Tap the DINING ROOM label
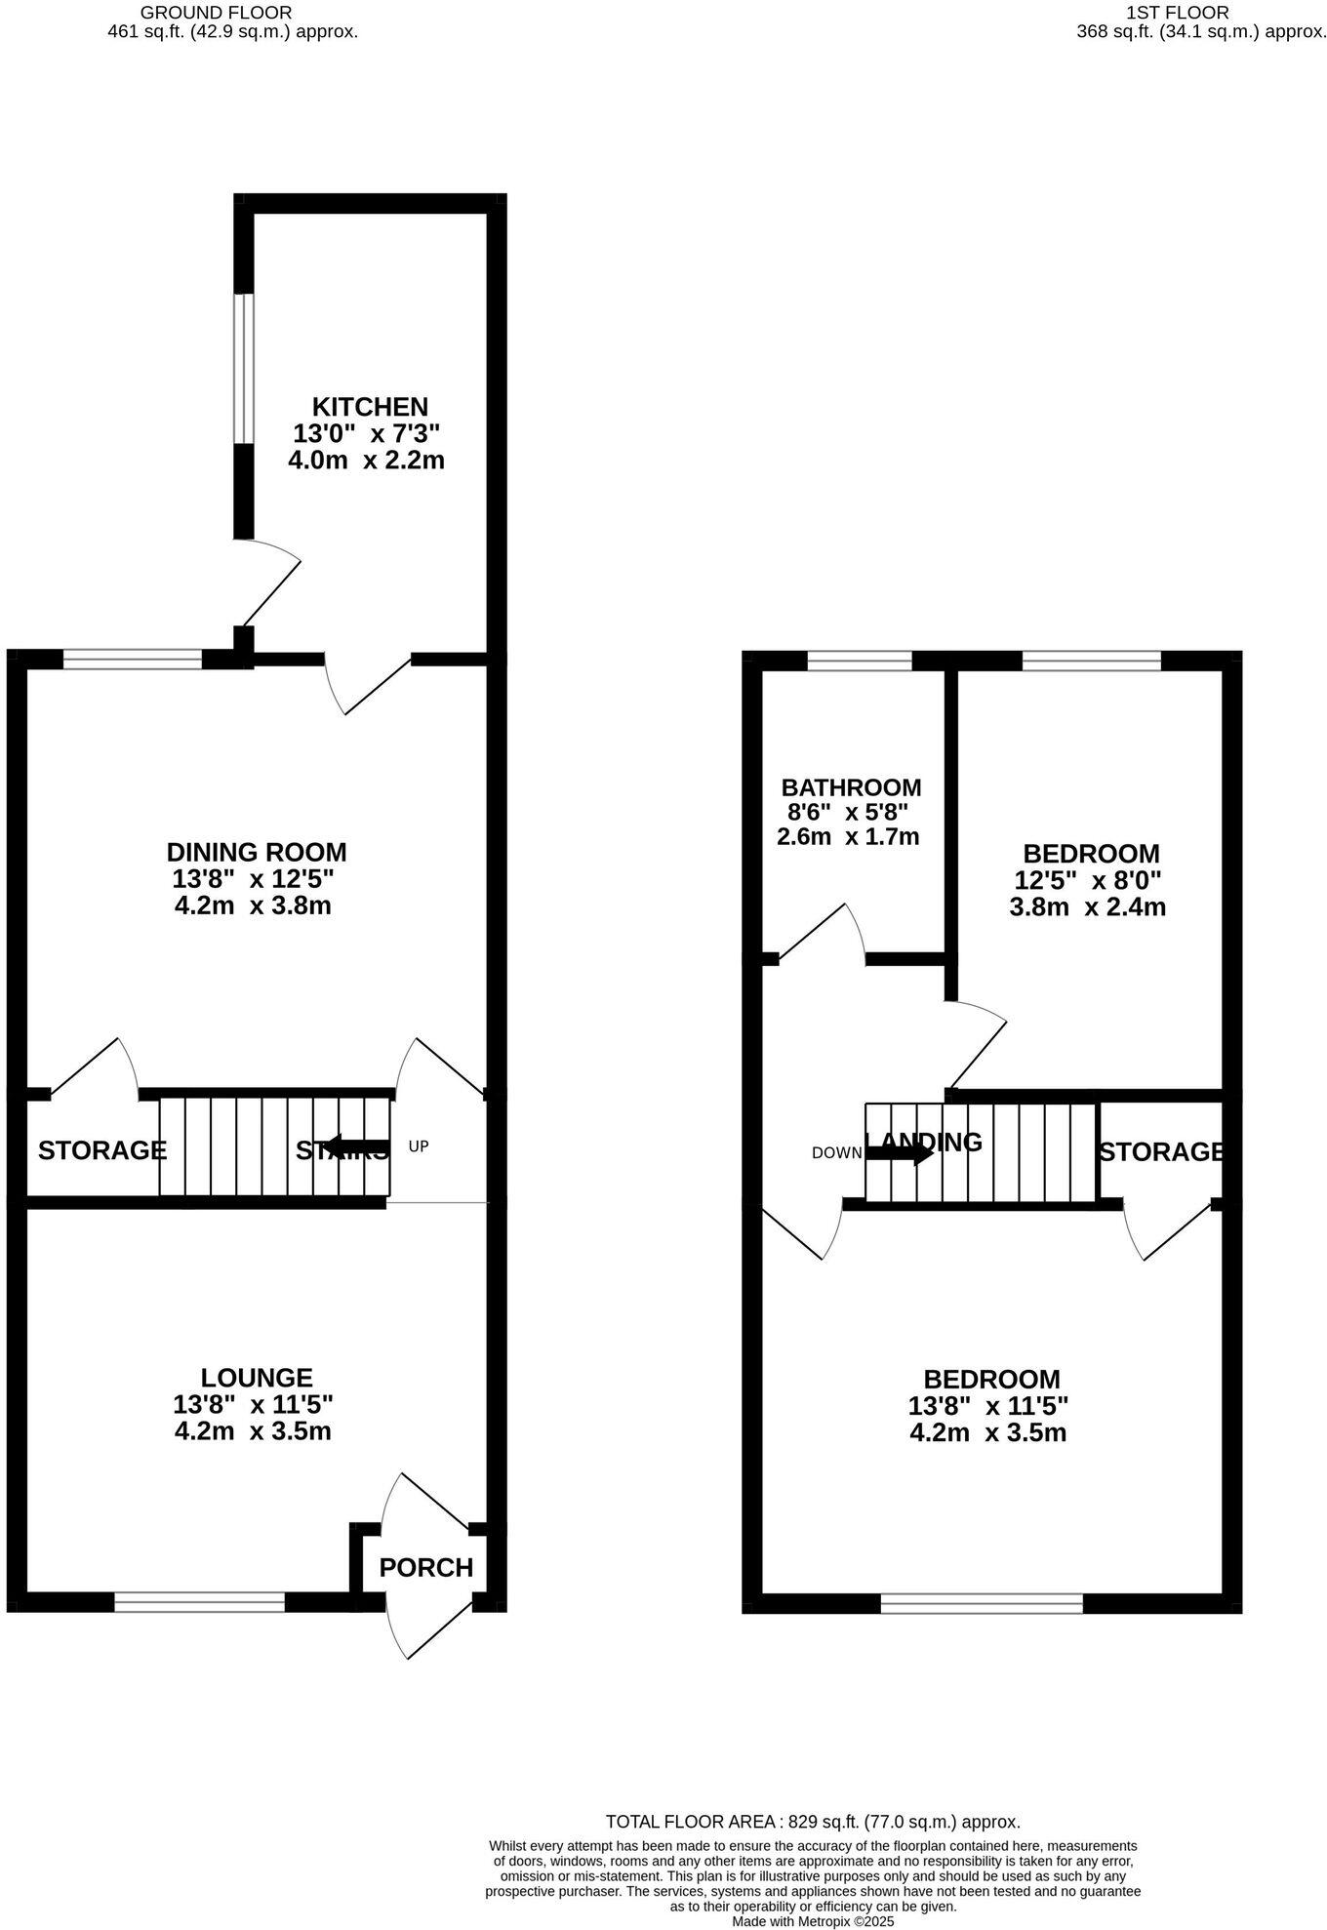(x=257, y=852)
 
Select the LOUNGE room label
(x=257, y=1377)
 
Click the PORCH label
(x=425, y=1567)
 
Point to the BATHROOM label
(x=851, y=786)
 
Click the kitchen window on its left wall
(x=244, y=369)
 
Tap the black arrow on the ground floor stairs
(x=356, y=1146)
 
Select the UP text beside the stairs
(x=419, y=1146)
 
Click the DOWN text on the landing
(x=836, y=1153)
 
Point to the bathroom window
(x=860, y=662)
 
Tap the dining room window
(x=133, y=660)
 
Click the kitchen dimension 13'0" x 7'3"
(x=367, y=433)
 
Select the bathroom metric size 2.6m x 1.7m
(x=848, y=836)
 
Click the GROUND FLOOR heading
(x=216, y=13)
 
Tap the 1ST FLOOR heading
(x=1177, y=13)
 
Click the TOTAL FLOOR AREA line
(x=813, y=1822)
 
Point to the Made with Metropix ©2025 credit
(x=813, y=1921)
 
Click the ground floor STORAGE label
(x=102, y=1150)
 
